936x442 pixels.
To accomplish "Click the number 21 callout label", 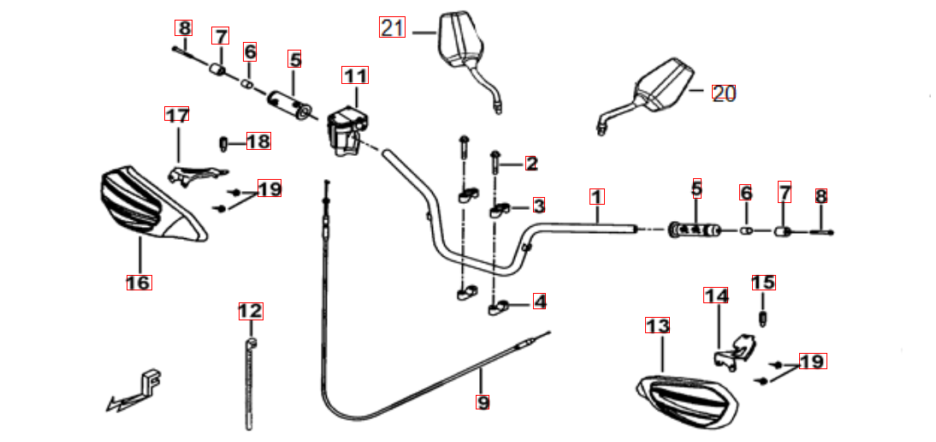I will coord(392,28).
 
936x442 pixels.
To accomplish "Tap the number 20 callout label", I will coord(724,93).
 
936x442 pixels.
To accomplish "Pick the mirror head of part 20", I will coord(663,86).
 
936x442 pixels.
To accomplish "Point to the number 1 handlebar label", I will coord(596,196).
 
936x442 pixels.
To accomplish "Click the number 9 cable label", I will coord(482,400).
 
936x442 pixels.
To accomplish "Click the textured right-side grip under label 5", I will coord(696,230).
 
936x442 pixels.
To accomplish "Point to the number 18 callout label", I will coord(258,141).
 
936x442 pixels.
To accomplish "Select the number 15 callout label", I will coord(763,283).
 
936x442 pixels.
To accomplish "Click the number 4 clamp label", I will coord(539,302).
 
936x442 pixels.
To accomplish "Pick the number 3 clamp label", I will coord(538,206).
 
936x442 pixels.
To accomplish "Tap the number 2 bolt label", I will coord(531,163).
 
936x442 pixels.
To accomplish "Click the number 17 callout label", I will coord(177,115).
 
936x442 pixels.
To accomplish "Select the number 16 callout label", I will coord(139,282).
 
